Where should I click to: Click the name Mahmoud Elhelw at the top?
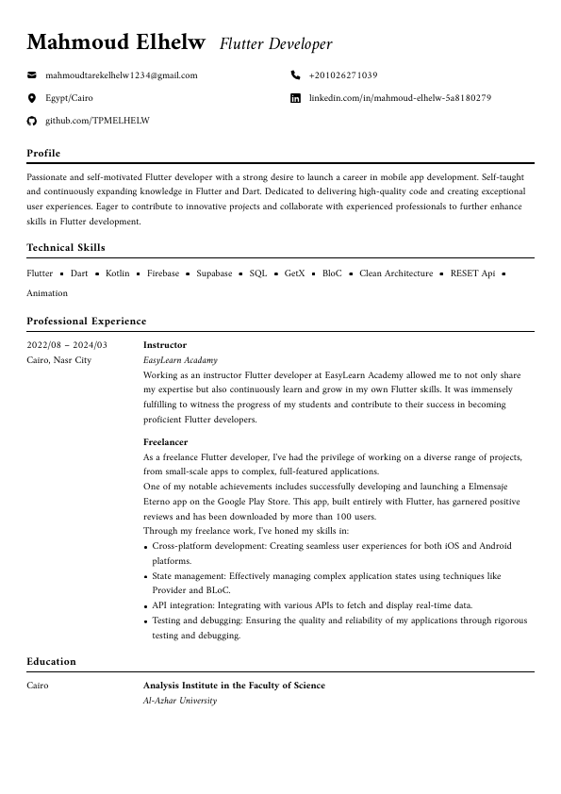115,42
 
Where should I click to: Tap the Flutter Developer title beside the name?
275,44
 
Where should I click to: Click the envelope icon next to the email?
31,75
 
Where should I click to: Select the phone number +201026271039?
343,75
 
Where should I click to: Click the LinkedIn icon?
295,98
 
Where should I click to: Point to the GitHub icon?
31,121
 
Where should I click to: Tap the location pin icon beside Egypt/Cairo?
31,98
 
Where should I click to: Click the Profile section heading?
43,153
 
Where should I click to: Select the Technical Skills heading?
66,247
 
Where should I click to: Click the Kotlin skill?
118,273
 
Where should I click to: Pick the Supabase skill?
214,273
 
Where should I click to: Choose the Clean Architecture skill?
396,273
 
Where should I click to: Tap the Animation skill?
47,293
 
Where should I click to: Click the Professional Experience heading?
87,321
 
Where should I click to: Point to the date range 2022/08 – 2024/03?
67,345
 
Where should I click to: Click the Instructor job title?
165,345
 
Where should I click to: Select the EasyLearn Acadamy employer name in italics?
180,360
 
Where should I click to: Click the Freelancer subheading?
166,441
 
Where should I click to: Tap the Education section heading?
51,661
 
